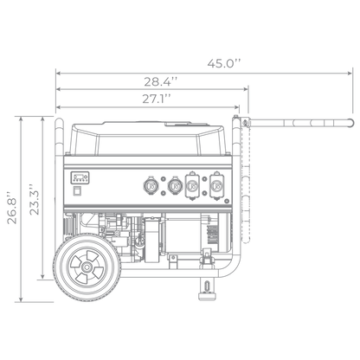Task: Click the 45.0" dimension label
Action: click(224, 63)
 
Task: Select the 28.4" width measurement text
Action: click(161, 81)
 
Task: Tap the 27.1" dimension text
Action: click(157, 99)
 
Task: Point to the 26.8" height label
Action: click(12, 207)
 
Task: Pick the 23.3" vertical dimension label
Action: click(35, 199)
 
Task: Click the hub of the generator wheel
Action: click(87, 267)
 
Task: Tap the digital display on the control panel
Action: click(80, 177)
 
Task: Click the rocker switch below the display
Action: click(76, 191)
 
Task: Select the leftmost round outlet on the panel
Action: click(151, 186)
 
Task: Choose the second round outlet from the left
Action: click(175, 186)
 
